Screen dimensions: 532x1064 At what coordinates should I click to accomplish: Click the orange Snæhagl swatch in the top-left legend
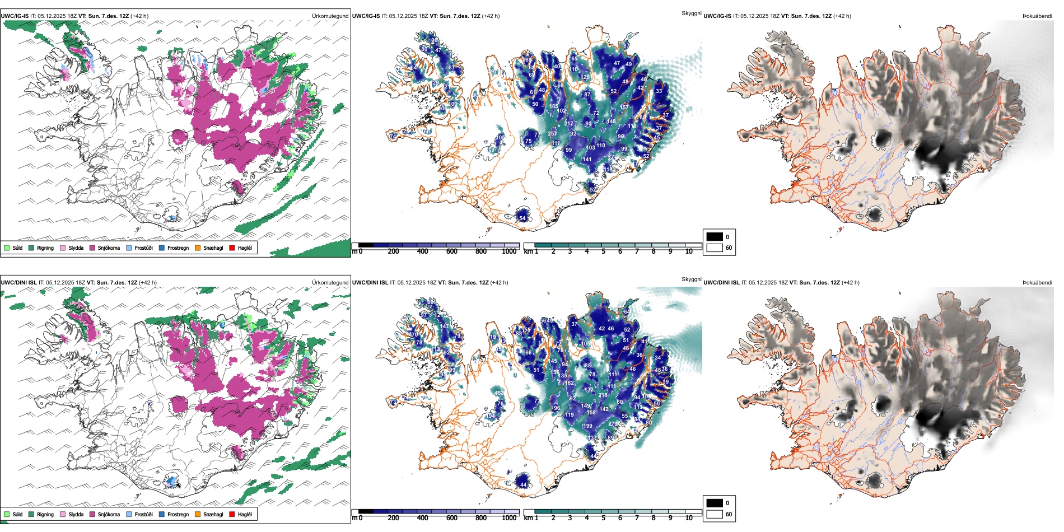click(198, 248)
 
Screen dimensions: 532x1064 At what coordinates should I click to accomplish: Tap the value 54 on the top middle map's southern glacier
click(522, 218)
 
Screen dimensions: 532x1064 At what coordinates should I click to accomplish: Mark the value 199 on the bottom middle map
click(587, 426)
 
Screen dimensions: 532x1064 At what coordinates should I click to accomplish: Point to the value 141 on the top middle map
click(587, 160)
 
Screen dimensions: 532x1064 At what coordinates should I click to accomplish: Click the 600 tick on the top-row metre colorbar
click(452, 251)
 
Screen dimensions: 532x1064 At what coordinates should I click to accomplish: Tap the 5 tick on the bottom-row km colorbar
click(603, 518)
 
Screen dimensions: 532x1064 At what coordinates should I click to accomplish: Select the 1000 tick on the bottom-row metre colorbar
click(509, 518)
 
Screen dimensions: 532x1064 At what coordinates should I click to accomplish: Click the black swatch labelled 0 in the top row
click(715, 237)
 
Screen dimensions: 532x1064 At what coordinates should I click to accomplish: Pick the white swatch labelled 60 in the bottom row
click(715, 514)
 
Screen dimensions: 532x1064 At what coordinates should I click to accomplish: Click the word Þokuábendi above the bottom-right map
click(1037, 283)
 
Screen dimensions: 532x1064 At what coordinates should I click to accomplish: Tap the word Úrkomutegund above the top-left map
click(330, 16)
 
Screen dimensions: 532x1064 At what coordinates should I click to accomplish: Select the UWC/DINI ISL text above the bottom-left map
click(18, 283)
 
